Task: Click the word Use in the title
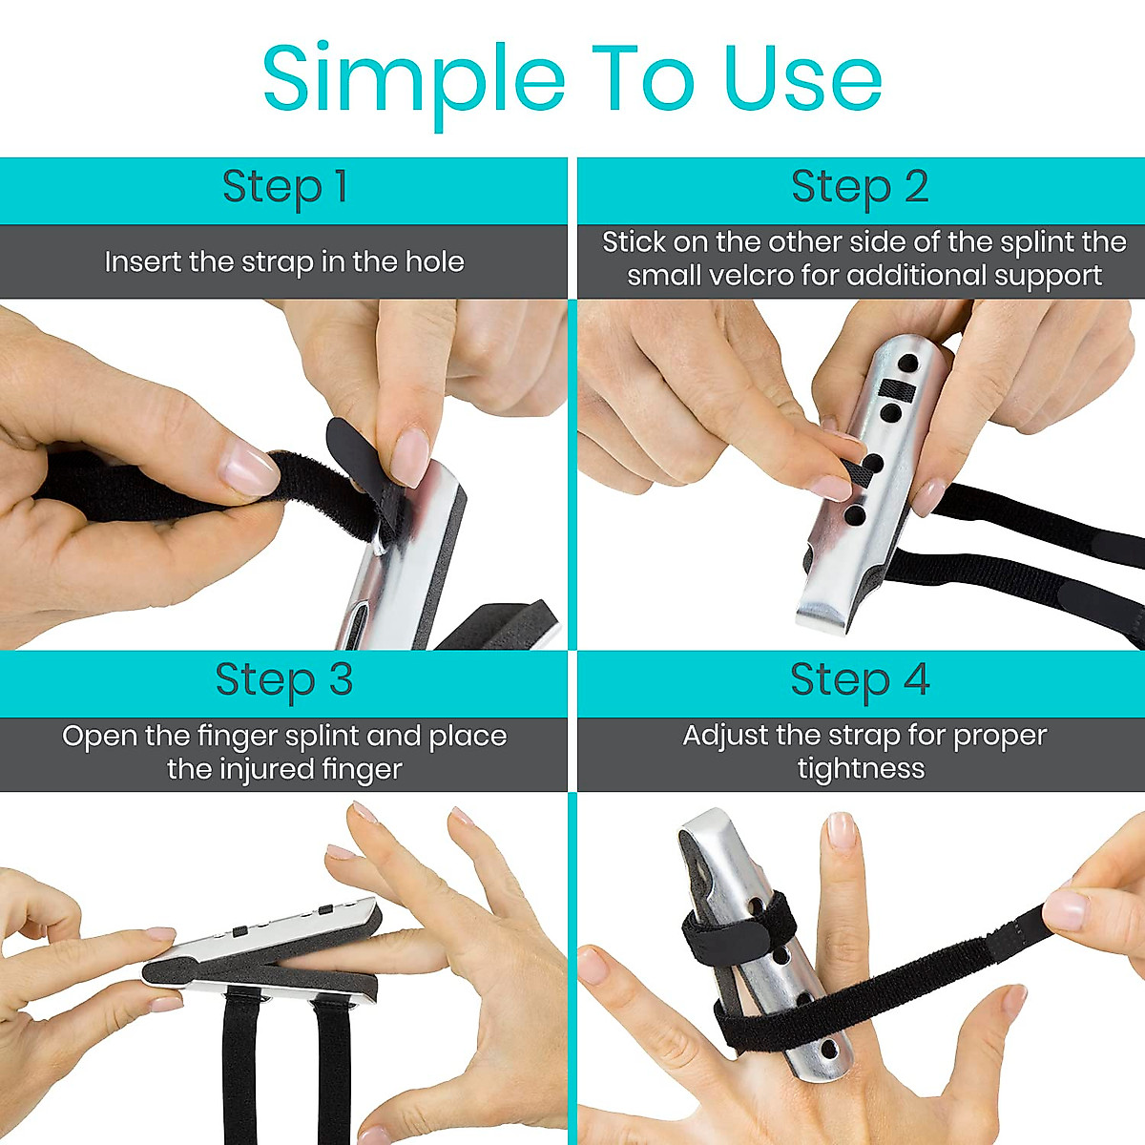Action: [802, 78]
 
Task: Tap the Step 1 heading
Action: [284, 187]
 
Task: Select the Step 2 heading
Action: [860, 187]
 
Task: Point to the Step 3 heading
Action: [284, 680]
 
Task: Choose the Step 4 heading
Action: [860, 680]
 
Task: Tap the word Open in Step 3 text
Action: [99, 737]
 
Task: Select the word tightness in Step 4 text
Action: [861, 769]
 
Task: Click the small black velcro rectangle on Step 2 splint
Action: [897, 388]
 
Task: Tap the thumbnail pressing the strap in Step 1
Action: [248, 469]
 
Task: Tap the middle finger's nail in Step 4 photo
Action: [841, 830]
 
